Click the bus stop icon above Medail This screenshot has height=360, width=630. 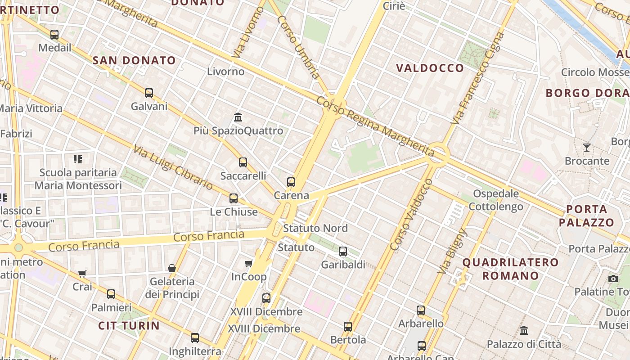[x=54, y=35]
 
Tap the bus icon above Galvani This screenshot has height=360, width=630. [x=149, y=93]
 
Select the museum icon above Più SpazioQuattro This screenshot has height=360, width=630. [x=238, y=117]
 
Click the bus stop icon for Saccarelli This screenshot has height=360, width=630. [x=243, y=162]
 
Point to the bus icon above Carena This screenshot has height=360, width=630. [x=291, y=182]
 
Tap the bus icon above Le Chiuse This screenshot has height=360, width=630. [x=234, y=198]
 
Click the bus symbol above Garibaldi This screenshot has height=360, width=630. [x=343, y=252]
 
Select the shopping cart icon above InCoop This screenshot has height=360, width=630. [x=248, y=263]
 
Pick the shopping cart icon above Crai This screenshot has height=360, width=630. [x=82, y=273]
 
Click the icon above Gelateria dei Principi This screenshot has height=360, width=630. [x=172, y=268]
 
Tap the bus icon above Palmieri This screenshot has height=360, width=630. [x=111, y=294]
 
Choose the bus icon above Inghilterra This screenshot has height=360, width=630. [x=195, y=338]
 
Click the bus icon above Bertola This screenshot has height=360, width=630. [x=348, y=327]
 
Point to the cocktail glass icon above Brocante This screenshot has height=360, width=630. [x=587, y=147]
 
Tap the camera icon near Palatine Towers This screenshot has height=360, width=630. [x=613, y=279]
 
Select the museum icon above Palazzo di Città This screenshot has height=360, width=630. [x=524, y=331]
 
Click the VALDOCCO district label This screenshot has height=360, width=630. [x=430, y=68]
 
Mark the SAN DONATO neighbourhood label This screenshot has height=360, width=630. [x=134, y=60]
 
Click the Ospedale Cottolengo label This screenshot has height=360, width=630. [x=496, y=200]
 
